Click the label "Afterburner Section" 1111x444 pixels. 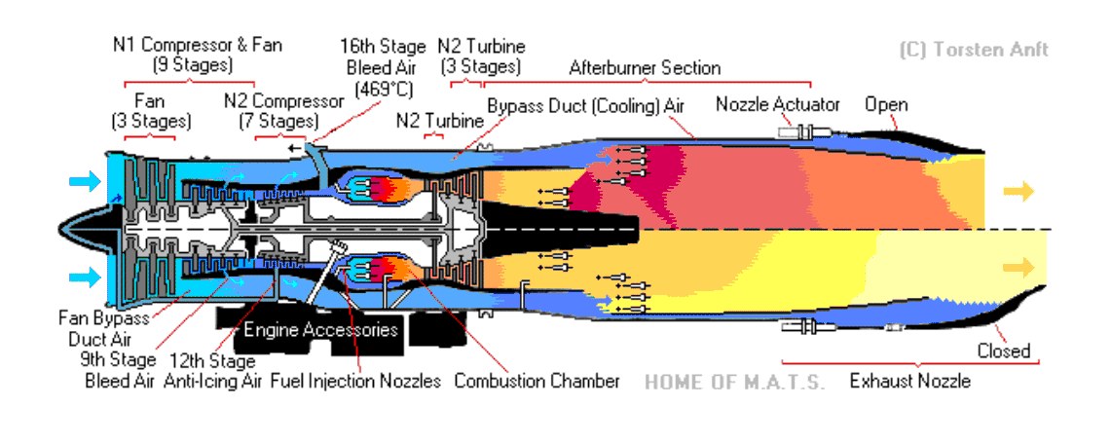pos(645,68)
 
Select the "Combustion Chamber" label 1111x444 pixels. pos(537,381)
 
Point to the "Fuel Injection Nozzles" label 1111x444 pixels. pos(356,381)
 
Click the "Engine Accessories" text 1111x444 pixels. pos(320,330)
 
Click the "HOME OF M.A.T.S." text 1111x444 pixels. pos(734,382)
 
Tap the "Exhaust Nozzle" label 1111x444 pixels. pos(909,381)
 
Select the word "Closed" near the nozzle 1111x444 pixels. pos(1003,351)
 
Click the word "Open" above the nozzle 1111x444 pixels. pos(886,104)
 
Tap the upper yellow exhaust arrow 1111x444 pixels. pos(1019,192)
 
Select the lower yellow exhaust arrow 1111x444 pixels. pos(1019,267)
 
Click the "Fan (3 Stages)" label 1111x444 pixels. pos(149,111)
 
